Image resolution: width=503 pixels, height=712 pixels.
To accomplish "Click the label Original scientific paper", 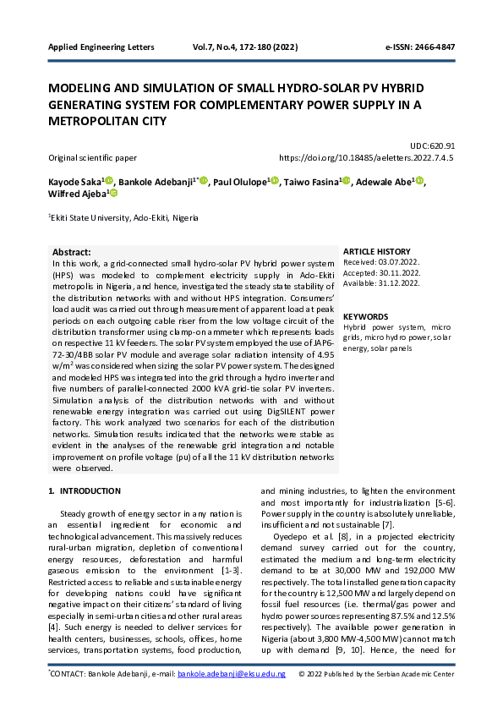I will tap(92, 157).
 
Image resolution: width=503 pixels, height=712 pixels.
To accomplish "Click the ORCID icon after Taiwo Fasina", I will tap(347, 181).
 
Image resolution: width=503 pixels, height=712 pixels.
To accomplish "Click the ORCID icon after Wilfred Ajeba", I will tap(114, 194).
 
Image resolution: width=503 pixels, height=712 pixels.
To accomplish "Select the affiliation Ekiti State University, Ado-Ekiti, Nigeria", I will tap(123, 217).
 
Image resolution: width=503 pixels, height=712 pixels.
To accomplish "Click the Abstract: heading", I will tap(72, 252).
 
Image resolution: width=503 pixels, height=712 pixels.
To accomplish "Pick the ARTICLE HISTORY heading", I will tap(377, 252).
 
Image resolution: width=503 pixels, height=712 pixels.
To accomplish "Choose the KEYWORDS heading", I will tap(366, 316).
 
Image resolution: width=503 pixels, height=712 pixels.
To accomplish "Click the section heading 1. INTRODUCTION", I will tap(84, 490).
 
